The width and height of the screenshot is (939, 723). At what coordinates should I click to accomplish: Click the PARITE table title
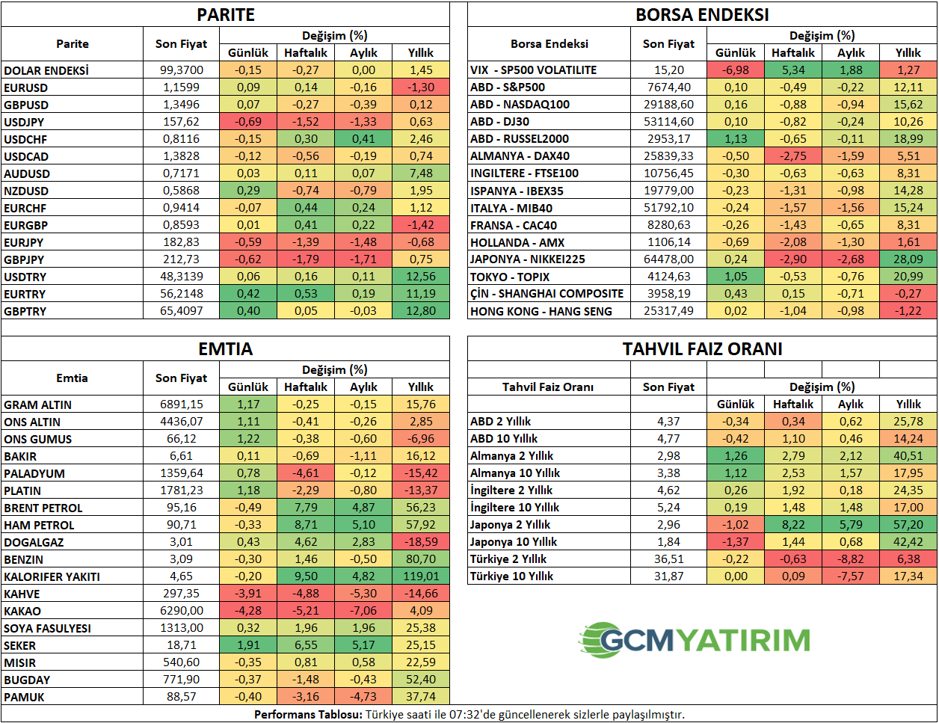pyautogui.click(x=226, y=15)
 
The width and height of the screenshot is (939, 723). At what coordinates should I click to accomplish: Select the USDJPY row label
pyautogui.click(x=24, y=123)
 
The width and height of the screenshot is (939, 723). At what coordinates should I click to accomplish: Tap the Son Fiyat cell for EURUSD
pyautogui.click(x=181, y=87)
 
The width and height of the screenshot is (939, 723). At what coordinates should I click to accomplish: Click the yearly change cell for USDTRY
pyautogui.click(x=421, y=277)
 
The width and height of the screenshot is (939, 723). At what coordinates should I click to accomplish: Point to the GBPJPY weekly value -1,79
pyautogui.click(x=306, y=259)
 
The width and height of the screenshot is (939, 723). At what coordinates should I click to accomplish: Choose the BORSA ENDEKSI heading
pyautogui.click(x=702, y=15)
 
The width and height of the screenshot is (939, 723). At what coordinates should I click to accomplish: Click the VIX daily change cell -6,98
pyautogui.click(x=736, y=70)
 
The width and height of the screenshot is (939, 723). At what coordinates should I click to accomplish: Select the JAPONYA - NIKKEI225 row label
pyautogui.click(x=528, y=259)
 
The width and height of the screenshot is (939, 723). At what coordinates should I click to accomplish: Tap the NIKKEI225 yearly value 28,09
pyautogui.click(x=908, y=259)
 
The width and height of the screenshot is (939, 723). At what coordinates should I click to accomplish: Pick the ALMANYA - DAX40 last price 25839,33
pyautogui.click(x=668, y=156)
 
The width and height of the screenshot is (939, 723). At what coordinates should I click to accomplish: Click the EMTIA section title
pyautogui.click(x=226, y=348)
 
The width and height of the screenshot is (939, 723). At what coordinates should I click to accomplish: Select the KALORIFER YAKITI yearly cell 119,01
pyautogui.click(x=421, y=576)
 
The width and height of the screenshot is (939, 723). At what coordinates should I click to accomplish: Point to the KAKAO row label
pyautogui.click(x=22, y=612)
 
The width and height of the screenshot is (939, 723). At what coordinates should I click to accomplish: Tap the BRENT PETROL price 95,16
pyautogui.click(x=181, y=508)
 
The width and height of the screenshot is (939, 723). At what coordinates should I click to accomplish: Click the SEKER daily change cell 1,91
pyautogui.click(x=248, y=645)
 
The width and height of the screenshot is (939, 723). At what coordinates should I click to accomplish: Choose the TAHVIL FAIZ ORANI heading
pyautogui.click(x=702, y=348)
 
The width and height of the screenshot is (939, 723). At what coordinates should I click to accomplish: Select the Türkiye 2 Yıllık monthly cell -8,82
pyautogui.click(x=851, y=559)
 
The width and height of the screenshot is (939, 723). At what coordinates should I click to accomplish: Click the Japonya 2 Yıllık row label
pyautogui.click(x=510, y=525)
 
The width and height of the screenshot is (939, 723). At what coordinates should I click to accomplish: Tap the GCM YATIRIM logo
pyautogui.click(x=694, y=640)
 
